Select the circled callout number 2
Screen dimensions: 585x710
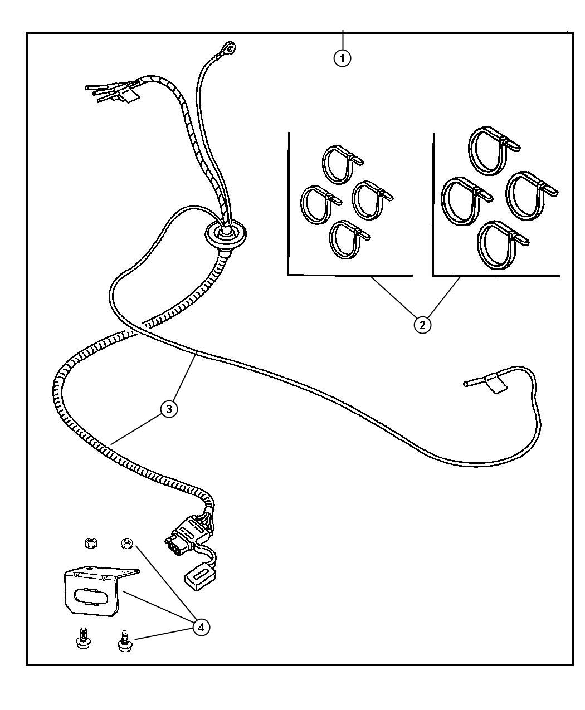422,325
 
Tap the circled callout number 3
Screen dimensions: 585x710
169,409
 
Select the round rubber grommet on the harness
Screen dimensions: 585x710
225,234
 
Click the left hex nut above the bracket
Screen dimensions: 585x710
91,543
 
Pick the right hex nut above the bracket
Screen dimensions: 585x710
127,543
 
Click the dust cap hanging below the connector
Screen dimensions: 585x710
200,579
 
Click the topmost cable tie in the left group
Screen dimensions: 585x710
342,164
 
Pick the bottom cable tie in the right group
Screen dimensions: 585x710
503,244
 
